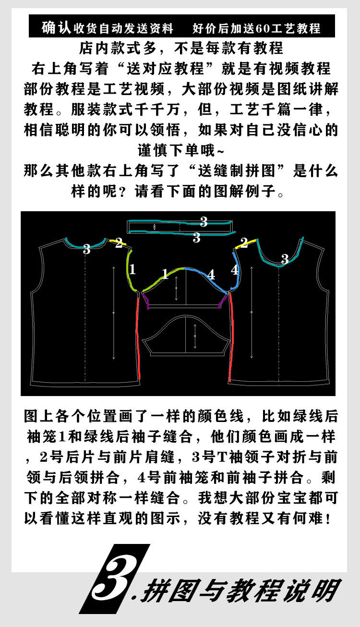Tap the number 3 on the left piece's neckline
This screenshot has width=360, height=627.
pos(86,249)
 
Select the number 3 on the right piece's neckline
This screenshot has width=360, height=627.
pos(285,259)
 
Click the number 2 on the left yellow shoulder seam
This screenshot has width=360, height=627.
pos(119,242)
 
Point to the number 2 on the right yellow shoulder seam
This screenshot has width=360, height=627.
pos(244,243)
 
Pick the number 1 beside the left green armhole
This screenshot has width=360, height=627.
pos(132,269)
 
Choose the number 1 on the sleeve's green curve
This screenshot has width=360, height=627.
pos(165,274)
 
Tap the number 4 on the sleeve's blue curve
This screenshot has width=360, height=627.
pos(211,275)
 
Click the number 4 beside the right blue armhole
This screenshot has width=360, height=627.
pos(234,270)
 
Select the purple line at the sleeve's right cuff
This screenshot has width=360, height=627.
pos(221,301)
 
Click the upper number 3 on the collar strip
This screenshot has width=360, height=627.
pos(204,221)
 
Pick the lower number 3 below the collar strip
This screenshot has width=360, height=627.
pos(196,237)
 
